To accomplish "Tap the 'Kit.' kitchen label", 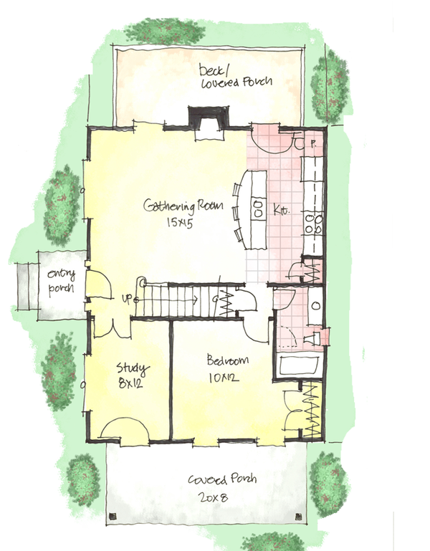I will click(280, 211).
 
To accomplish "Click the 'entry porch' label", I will click(62, 282).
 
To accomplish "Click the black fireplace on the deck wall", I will click(209, 119).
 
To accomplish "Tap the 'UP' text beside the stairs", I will click(130, 297).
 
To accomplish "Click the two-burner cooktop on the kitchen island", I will click(257, 206).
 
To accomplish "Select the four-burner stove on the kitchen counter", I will click(312, 224).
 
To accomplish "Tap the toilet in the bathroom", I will click(313, 337).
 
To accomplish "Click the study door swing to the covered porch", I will click(123, 428).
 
